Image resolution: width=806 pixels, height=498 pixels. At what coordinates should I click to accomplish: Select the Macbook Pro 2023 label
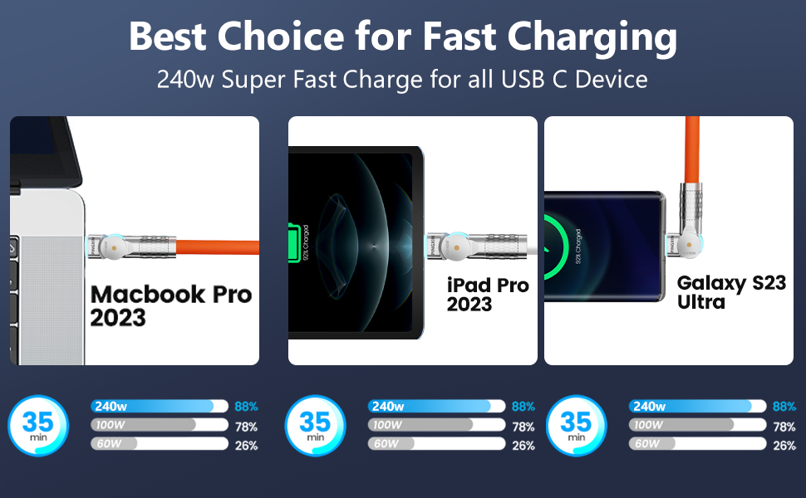coord(170,305)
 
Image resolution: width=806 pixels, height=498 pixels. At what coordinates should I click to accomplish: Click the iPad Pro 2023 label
coord(488,295)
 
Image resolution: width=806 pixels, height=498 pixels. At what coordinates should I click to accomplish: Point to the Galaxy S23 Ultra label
coord(731,292)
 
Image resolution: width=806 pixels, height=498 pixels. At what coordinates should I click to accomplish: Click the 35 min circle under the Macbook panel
coord(37,426)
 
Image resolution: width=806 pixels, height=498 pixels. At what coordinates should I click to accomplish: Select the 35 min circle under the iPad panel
coord(314,426)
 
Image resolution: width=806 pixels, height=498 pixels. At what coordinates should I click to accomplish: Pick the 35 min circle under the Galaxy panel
coord(575,426)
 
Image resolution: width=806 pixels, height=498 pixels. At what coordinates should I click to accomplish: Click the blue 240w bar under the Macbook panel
coord(158,406)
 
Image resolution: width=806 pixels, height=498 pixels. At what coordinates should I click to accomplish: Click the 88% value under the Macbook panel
coord(246,407)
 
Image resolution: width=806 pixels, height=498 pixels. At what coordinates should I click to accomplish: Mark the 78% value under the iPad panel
coord(523,427)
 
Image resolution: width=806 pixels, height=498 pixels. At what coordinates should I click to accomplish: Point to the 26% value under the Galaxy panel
coord(784,446)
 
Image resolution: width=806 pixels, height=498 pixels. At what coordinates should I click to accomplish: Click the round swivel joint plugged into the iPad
coord(453,246)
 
